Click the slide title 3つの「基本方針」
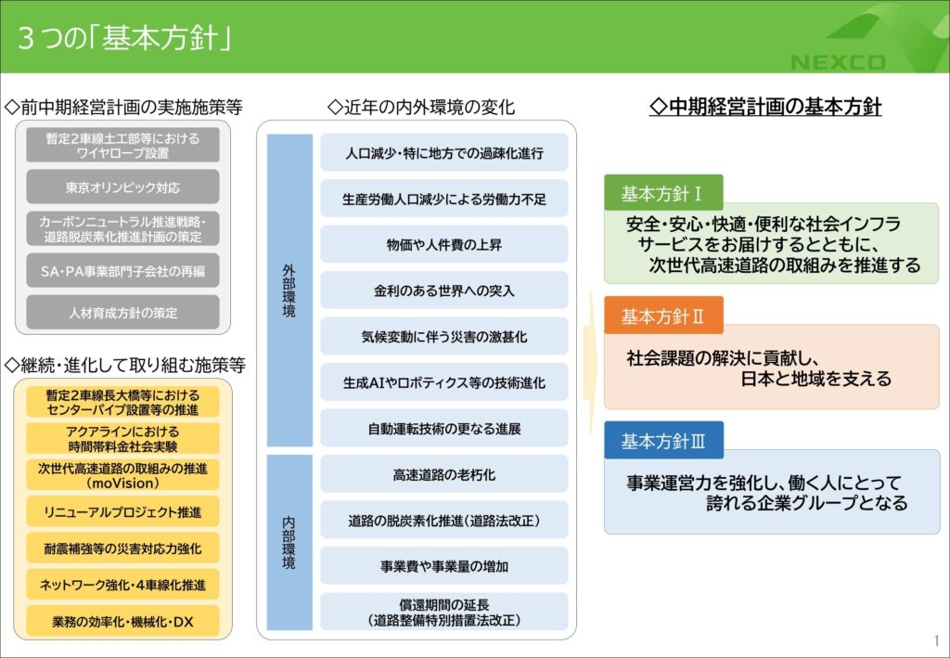pyautogui.click(x=124, y=38)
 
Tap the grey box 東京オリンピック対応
pyautogui.click(x=122, y=187)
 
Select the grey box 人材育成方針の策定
pyautogui.click(x=122, y=313)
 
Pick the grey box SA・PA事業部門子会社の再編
pyautogui.click(x=122, y=271)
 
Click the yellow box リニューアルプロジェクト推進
pyautogui.click(x=122, y=511)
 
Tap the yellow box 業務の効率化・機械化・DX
pyautogui.click(x=122, y=621)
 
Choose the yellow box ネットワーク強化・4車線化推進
pyautogui.click(x=122, y=585)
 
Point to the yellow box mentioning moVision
pyautogui.click(x=122, y=475)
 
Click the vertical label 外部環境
pyautogui.click(x=289, y=290)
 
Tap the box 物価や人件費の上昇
pyautogui.click(x=444, y=245)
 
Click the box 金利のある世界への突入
pyautogui.click(x=444, y=290)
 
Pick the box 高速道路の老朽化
pyautogui.click(x=444, y=474)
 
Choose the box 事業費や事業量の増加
pyautogui.click(x=444, y=566)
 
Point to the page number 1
pyautogui.click(x=936, y=640)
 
